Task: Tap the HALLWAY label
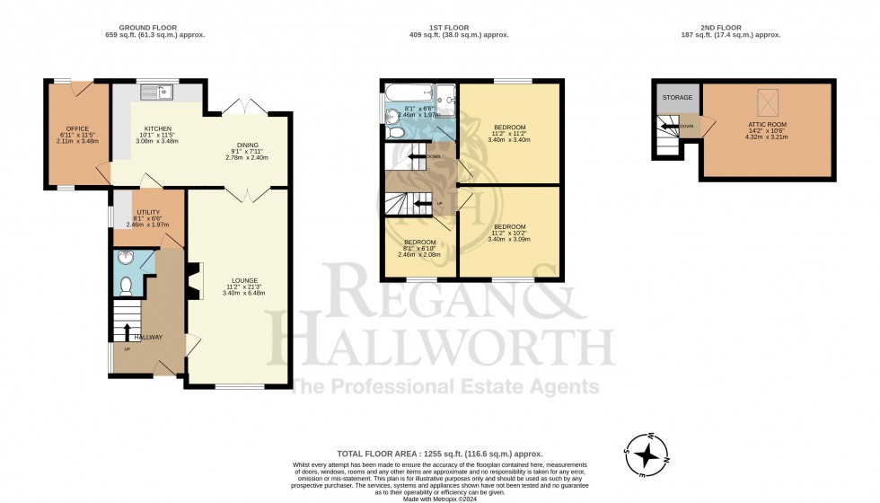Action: [x=149, y=337]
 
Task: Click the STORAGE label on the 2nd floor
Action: [x=676, y=97]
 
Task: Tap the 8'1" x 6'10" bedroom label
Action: [x=419, y=243]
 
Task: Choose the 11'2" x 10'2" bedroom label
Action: [x=509, y=226]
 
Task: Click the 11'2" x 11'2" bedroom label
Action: [x=509, y=127]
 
